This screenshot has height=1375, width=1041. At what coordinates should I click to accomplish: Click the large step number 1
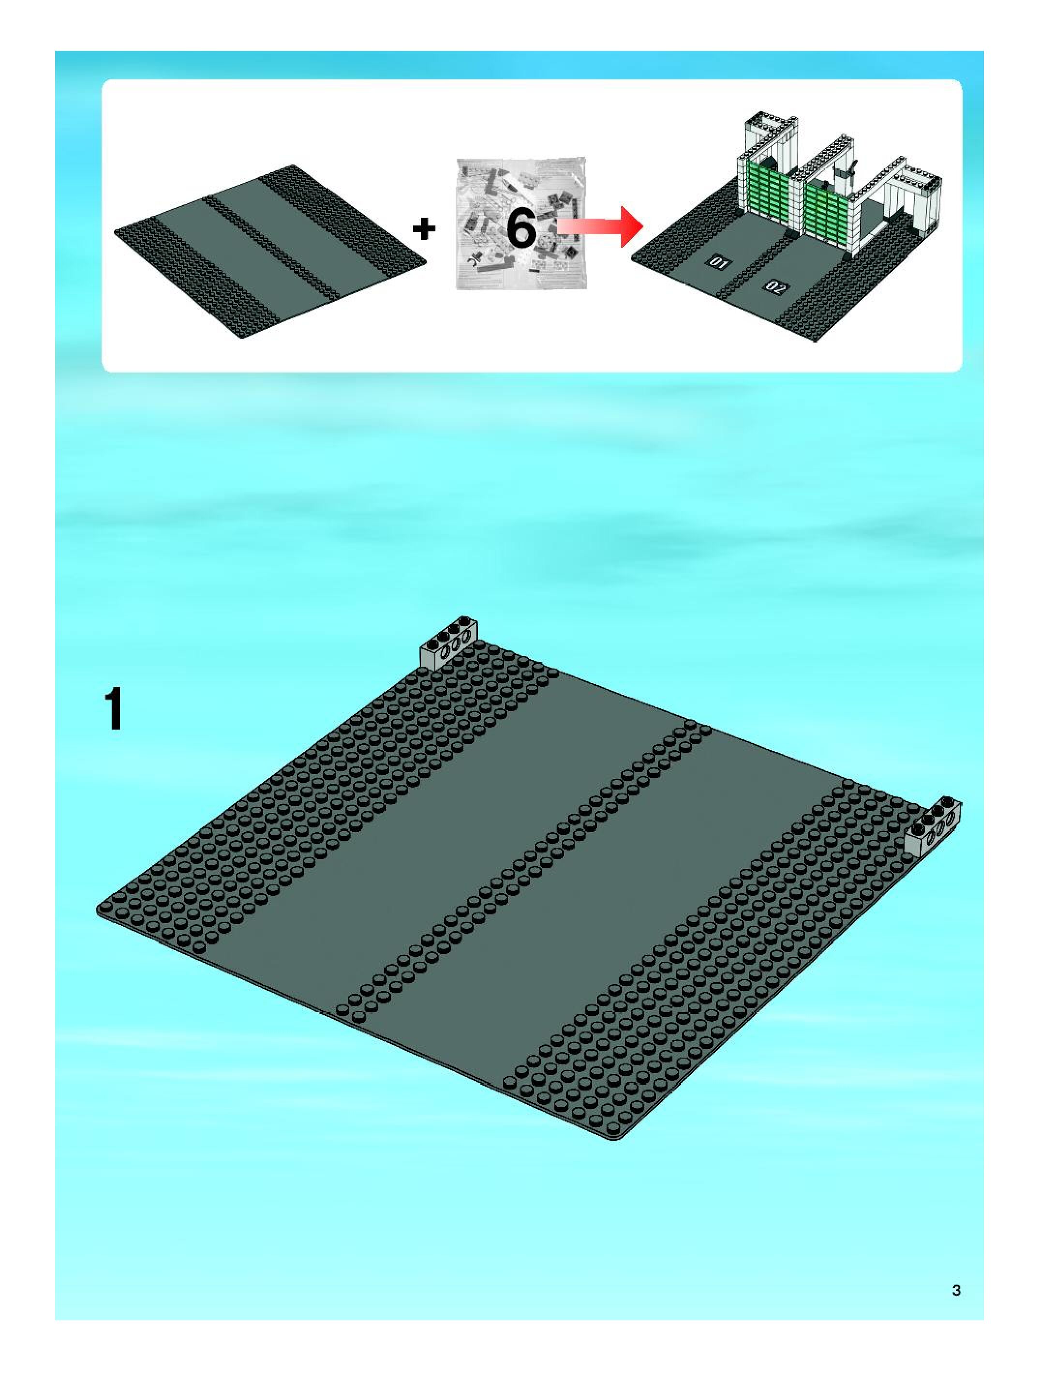(114, 709)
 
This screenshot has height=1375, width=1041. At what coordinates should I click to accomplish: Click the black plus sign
(424, 230)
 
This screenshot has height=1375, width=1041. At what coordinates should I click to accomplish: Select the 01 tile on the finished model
(719, 265)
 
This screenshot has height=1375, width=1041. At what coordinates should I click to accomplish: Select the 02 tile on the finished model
(775, 287)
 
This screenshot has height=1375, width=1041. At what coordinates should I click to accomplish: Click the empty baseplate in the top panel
(271, 252)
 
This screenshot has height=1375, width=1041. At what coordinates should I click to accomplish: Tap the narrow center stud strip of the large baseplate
(522, 870)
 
